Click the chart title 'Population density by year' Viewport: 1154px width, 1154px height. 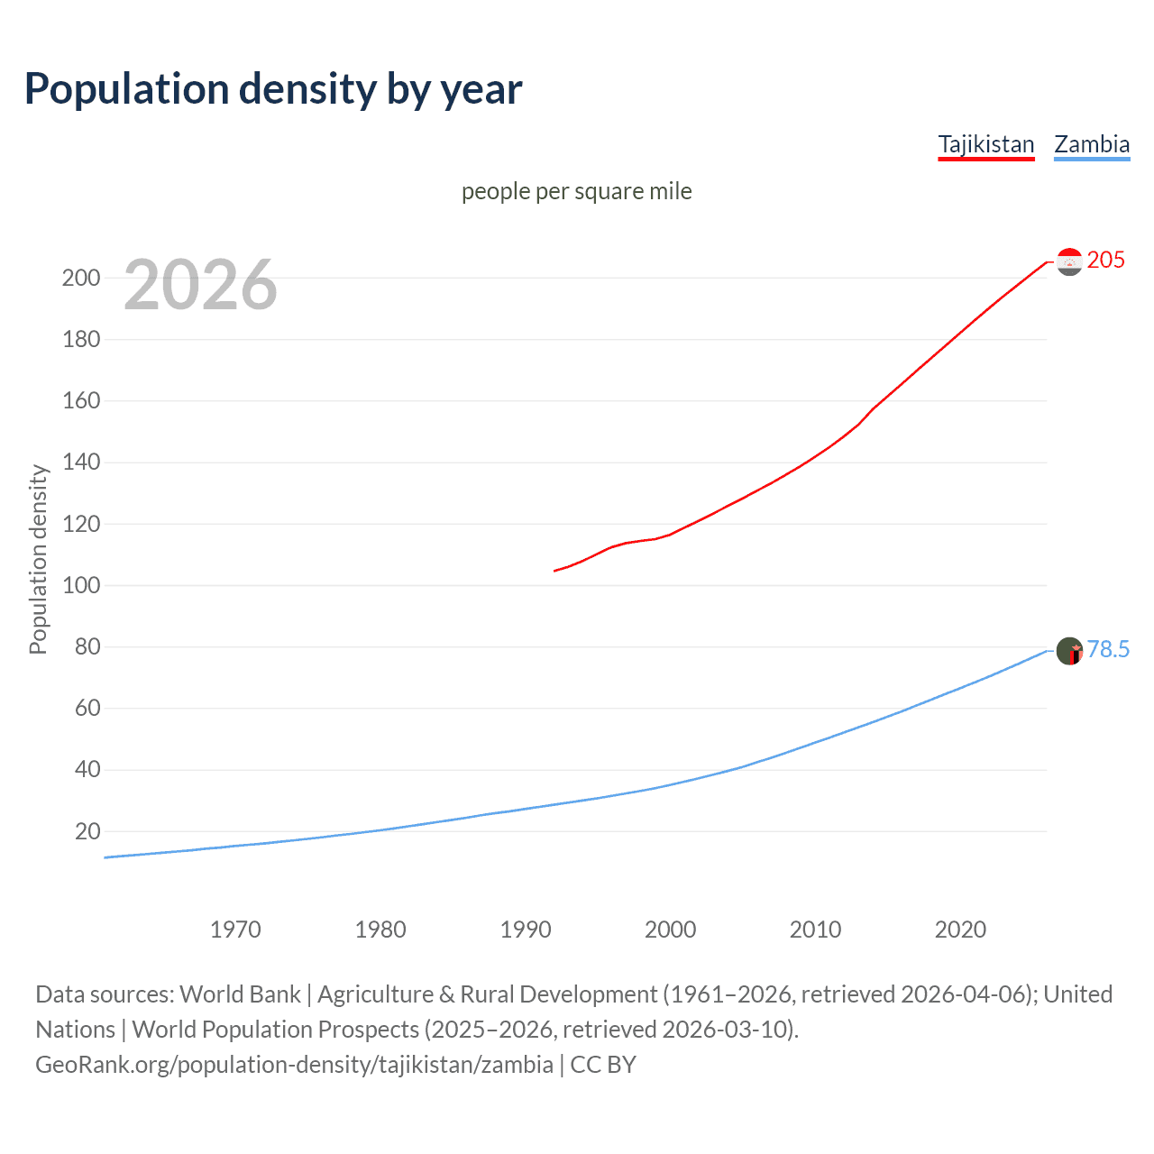coord(273,89)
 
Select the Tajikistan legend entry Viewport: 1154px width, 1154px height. coord(985,144)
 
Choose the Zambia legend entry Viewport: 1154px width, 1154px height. coord(1091,144)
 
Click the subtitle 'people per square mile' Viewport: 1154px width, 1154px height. coord(576,191)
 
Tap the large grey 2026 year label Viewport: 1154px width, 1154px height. coord(200,285)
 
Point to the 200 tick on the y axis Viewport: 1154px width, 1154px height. coord(80,278)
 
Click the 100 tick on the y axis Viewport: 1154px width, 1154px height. coord(80,585)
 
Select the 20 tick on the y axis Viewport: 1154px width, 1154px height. coord(87,831)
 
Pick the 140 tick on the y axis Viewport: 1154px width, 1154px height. coord(80,463)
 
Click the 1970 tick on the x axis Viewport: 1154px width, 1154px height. coord(235,930)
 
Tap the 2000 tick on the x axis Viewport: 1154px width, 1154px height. coord(670,930)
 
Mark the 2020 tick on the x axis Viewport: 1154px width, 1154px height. coord(960,930)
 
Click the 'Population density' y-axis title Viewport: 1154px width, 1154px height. coord(38,559)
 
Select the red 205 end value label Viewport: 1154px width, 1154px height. coord(1105,261)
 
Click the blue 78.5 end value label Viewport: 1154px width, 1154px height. coord(1107,650)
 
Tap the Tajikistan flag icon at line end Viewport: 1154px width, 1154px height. coord(1069,261)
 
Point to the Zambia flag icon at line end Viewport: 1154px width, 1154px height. coord(1069,651)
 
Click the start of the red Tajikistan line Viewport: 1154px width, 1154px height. coord(555,571)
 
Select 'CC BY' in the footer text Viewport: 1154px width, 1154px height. coord(603,1065)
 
